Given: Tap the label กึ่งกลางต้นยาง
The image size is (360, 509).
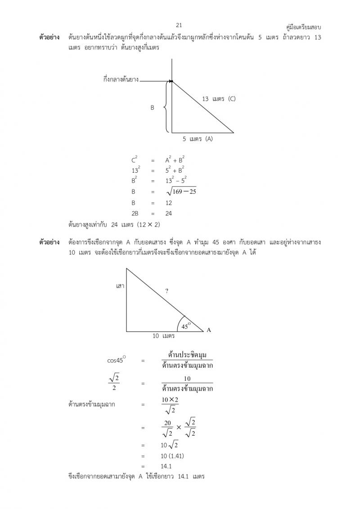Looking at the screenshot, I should [121, 80].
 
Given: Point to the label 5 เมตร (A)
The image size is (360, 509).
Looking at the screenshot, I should [198, 139].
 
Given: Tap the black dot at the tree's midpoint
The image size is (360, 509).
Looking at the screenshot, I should [171, 81].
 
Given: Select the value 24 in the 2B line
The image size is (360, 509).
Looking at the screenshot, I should [168, 213].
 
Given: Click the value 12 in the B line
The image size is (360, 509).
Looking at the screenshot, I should [168, 203].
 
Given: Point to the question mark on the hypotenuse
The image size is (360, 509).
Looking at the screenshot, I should [166, 291].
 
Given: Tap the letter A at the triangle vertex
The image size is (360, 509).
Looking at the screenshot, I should [208, 330].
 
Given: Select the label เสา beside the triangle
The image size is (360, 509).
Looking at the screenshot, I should [120, 286].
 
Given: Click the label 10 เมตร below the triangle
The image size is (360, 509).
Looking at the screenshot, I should [163, 336].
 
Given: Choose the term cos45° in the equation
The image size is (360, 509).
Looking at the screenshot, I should [116, 360].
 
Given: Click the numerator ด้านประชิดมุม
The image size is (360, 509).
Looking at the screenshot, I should [187, 355].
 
